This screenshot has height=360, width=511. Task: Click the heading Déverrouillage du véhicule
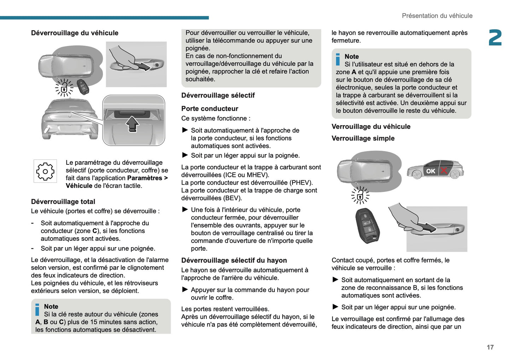click(x=75, y=33)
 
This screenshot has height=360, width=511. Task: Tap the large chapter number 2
click(x=495, y=38)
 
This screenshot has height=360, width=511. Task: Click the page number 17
click(x=490, y=347)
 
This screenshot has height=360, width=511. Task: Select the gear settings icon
click(x=45, y=172)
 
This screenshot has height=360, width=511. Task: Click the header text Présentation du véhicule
click(x=437, y=16)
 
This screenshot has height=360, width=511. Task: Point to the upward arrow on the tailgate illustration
click(x=133, y=124)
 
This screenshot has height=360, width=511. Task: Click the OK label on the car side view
click(x=430, y=171)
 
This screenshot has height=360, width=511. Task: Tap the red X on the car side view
click(x=443, y=171)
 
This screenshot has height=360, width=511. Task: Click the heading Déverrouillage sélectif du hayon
click(x=234, y=261)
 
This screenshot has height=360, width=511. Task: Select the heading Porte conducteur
click(x=209, y=109)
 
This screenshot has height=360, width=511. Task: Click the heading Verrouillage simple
click(x=363, y=138)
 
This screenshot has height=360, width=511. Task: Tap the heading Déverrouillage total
click(x=63, y=202)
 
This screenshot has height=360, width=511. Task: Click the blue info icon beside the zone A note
click(x=338, y=59)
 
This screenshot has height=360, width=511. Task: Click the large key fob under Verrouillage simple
click(x=367, y=225)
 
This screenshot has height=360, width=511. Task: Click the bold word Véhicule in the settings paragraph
click(x=79, y=186)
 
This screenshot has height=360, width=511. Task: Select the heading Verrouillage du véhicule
click(x=371, y=127)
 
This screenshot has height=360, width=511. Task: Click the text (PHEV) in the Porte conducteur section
click(x=301, y=182)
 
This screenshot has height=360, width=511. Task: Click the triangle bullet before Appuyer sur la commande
click(x=185, y=290)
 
